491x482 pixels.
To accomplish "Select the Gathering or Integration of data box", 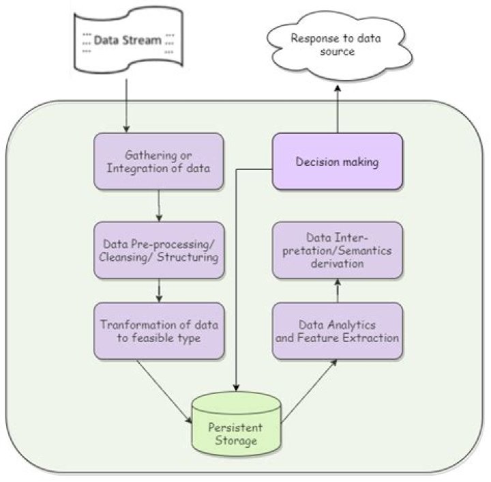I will pyautogui.click(x=159, y=161).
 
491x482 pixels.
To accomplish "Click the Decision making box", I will pyautogui.click(x=337, y=162).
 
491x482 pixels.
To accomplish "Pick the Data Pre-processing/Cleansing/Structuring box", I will pyautogui.click(x=159, y=250).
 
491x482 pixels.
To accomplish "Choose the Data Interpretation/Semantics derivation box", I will pyautogui.click(x=337, y=249).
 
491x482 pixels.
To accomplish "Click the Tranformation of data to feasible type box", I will pyautogui.click(x=159, y=330).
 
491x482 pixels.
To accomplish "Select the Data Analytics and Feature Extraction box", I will pyautogui.click(x=337, y=330).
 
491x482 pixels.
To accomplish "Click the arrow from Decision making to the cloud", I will pyautogui.click(x=337, y=109).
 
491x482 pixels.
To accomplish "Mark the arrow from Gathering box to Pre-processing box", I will pyautogui.click(x=159, y=205).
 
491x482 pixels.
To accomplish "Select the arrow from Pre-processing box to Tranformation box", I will pyautogui.click(x=159, y=290).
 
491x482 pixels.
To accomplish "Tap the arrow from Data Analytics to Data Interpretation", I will pyautogui.click(x=337, y=290).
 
